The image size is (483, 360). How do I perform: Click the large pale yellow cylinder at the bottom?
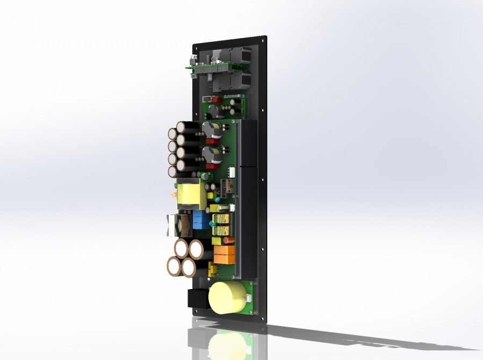(x=227, y=297)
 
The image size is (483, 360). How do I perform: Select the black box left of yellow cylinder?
(x=197, y=299)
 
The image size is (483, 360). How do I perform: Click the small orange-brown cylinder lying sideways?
(x=228, y=240)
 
